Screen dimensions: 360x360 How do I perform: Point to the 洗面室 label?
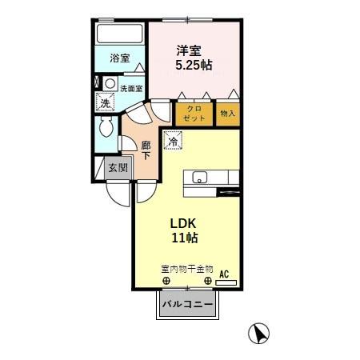click(131, 88)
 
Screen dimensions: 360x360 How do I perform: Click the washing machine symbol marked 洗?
click(105, 102)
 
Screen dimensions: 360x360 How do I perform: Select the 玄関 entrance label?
click(118, 168)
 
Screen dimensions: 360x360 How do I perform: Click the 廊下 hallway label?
click(146, 150)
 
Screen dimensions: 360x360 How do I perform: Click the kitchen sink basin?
click(198, 178)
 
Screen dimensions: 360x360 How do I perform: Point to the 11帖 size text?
click(186, 238)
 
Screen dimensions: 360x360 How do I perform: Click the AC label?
click(224, 274)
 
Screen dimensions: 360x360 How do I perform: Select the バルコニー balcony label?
click(187, 305)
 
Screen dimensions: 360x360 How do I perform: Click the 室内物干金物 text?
click(186, 269)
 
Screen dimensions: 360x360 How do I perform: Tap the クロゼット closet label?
click(194, 113)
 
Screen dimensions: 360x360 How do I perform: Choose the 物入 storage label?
click(228, 114)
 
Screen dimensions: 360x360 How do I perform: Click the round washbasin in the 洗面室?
click(110, 84)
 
